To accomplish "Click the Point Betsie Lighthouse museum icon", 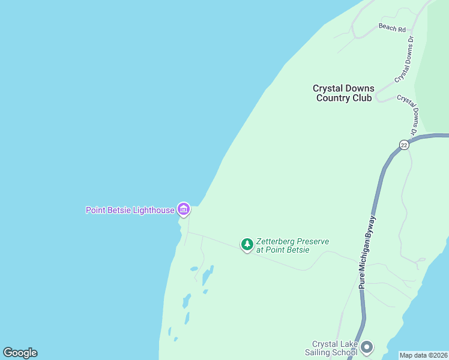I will [x=184, y=209].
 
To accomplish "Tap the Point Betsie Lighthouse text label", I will [x=130, y=210].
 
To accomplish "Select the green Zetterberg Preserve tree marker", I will [x=247, y=244].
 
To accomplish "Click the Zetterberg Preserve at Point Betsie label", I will [x=292, y=245].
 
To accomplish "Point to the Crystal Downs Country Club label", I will [x=343, y=93].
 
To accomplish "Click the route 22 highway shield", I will [x=405, y=145].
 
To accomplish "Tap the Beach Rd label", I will [x=393, y=28].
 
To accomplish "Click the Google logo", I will [x=20, y=353].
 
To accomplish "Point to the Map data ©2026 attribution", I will [x=424, y=355].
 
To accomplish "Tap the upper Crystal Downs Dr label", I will [x=405, y=59].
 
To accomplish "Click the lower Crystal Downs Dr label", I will [x=408, y=114].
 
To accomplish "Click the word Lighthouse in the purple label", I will [x=153, y=210].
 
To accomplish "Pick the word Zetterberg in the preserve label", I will [x=276, y=241].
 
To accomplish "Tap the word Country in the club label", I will [x=335, y=98].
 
